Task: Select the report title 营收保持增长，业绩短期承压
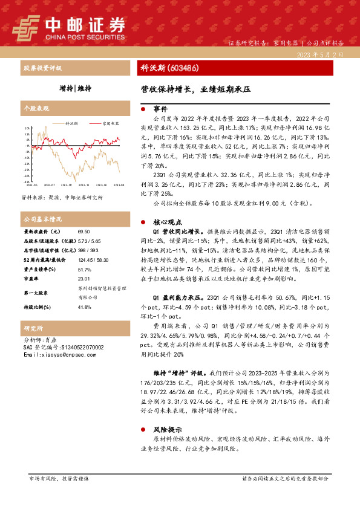click(x=192, y=88)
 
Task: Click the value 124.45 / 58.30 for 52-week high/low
click(x=91, y=259)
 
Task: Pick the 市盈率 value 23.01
click(x=83, y=278)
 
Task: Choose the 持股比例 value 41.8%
click(x=84, y=307)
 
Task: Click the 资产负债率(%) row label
click(x=40, y=269)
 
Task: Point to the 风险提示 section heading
click(x=164, y=429)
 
